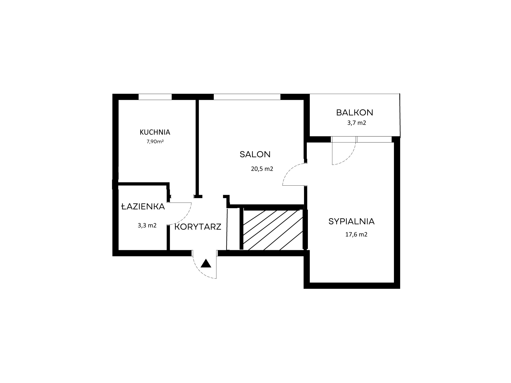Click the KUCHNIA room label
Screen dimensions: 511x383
(155, 132)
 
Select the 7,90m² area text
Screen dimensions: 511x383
(155, 141)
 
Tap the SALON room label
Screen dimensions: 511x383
(255, 154)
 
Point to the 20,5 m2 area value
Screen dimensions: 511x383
(262, 169)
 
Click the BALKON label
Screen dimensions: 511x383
(355, 113)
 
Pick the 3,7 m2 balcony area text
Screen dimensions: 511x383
(356, 123)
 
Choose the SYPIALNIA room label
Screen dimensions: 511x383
(352, 221)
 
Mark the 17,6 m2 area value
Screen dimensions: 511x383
(356, 234)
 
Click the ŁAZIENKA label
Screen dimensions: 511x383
(143, 206)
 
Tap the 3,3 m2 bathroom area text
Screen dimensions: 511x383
(147, 225)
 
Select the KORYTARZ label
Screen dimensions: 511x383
(198, 227)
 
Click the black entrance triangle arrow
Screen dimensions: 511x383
(206, 264)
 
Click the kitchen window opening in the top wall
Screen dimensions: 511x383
(155, 97)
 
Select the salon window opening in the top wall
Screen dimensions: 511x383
(247, 97)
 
